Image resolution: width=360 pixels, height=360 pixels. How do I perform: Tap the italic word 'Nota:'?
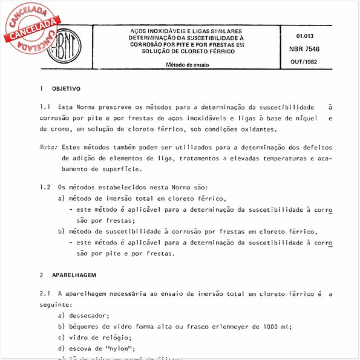(48, 147)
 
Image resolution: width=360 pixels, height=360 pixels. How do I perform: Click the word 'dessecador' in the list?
(88, 315)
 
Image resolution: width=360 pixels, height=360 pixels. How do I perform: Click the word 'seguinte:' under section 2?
(54, 304)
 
